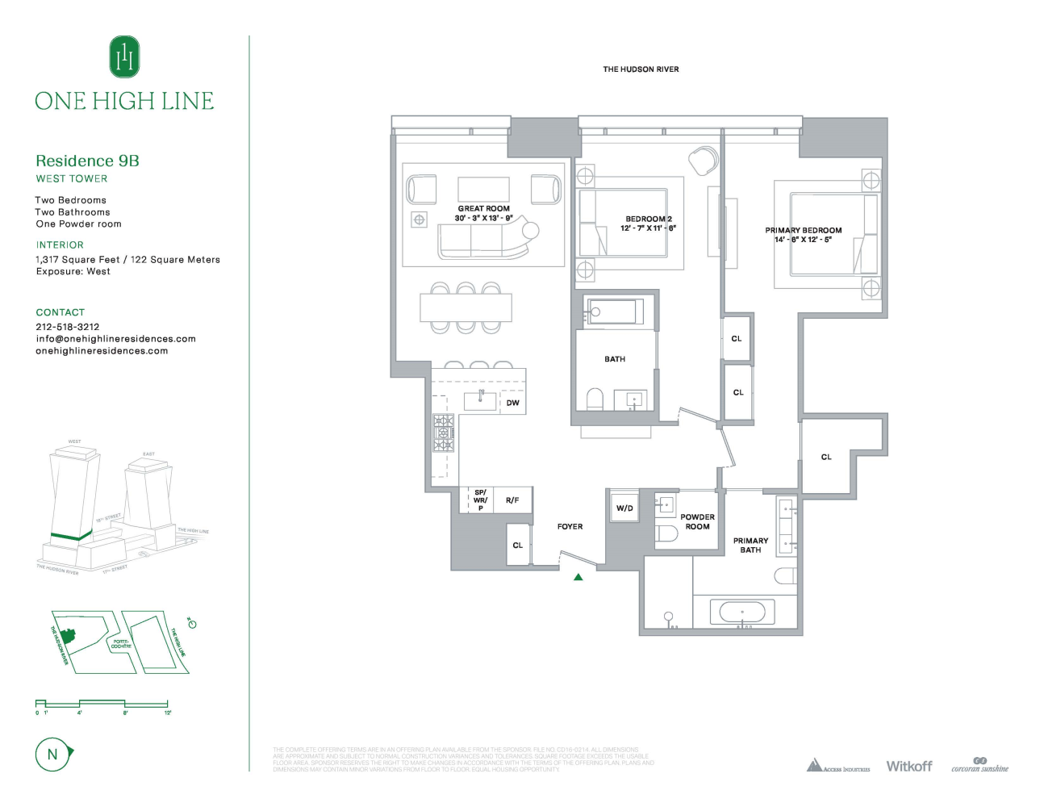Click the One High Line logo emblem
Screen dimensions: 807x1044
point(124,57)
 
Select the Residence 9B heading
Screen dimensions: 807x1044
point(87,161)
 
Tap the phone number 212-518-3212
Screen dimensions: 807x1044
point(68,327)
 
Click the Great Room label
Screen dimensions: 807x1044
point(483,208)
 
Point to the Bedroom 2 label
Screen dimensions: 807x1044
point(648,219)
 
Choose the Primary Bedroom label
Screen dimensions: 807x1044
point(803,230)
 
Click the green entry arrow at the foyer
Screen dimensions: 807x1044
point(578,577)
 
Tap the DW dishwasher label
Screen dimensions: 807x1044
point(512,403)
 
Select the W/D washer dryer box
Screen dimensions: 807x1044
point(624,508)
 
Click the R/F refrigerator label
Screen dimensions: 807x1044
point(512,500)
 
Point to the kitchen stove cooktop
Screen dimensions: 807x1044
point(444,433)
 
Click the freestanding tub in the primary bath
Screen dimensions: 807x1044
point(742,612)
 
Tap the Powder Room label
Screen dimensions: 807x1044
point(697,521)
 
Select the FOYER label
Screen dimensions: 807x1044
point(570,526)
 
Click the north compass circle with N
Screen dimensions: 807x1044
point(52,755)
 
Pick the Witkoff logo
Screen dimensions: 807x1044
point(908,766)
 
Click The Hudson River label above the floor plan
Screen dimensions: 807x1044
point(641,69)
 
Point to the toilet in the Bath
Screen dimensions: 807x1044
point(595,399)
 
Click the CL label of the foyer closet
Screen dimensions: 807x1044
point(517,546)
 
